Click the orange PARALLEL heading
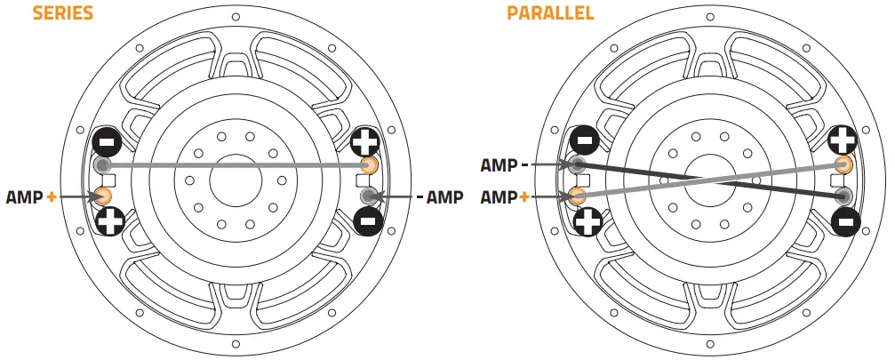pyautogui.click(x=550, y=13)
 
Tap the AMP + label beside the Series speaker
pyautogui.click(x=31, y=196)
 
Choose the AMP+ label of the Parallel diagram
pyautogui.click(x=503, y=196)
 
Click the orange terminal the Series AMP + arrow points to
pyautogui.click(x=103, y=196)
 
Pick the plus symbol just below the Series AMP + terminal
pyautogui.click(x=109, y=222)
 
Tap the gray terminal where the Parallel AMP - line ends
pyautogui.click(x=577, y=164)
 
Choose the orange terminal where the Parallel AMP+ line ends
pyautogui.click(x=577, y=196)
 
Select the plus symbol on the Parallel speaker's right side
pyautogui.click(x=842, y=139)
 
